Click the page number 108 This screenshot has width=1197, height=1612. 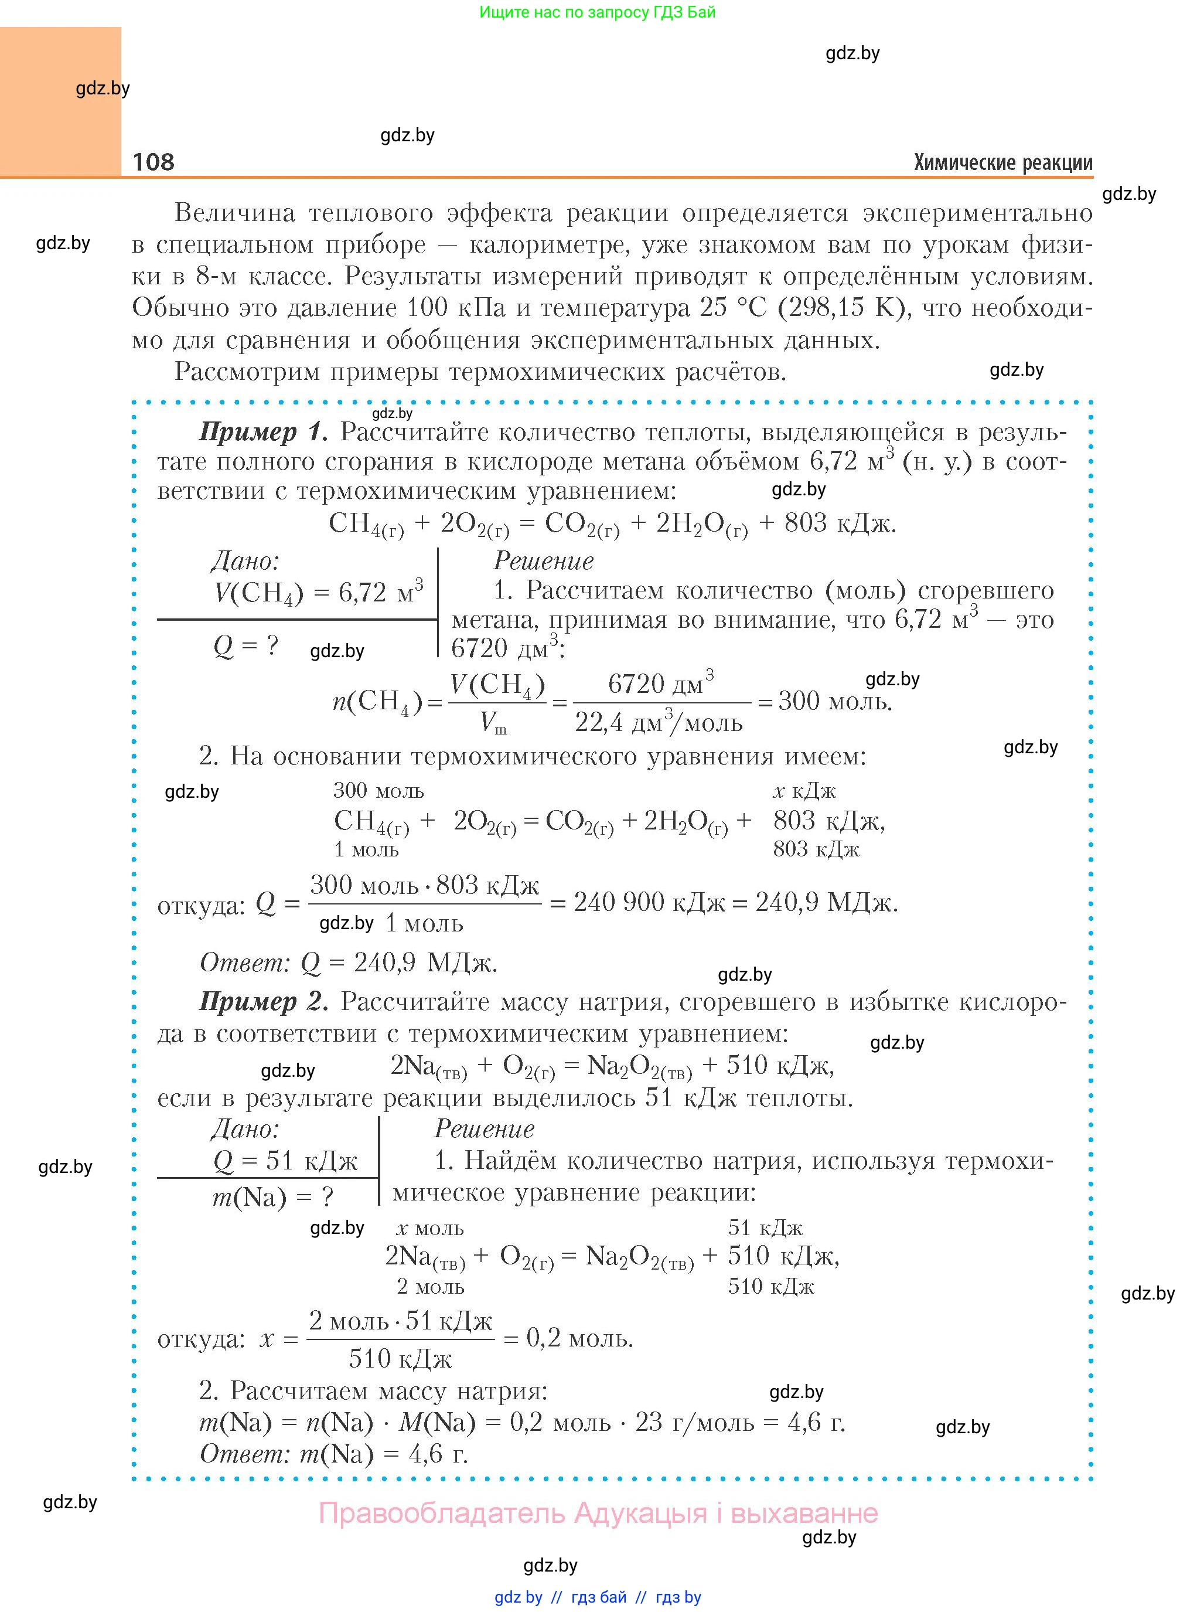click(154, 162)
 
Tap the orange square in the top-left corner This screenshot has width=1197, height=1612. click(60, 101)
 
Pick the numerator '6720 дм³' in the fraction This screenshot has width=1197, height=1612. click(661, 683)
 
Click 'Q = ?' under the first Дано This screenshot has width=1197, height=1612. click(245, 644)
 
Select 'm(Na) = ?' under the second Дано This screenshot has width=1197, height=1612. click(272, 1196)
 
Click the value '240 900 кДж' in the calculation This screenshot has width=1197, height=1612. click(649, 902)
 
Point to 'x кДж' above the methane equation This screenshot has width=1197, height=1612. click(804, 791)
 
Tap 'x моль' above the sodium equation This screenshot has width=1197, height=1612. click(429, 1229)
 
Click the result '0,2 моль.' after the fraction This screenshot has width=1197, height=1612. click(579, 1338)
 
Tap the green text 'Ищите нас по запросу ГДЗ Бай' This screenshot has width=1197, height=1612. click(597, 12)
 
